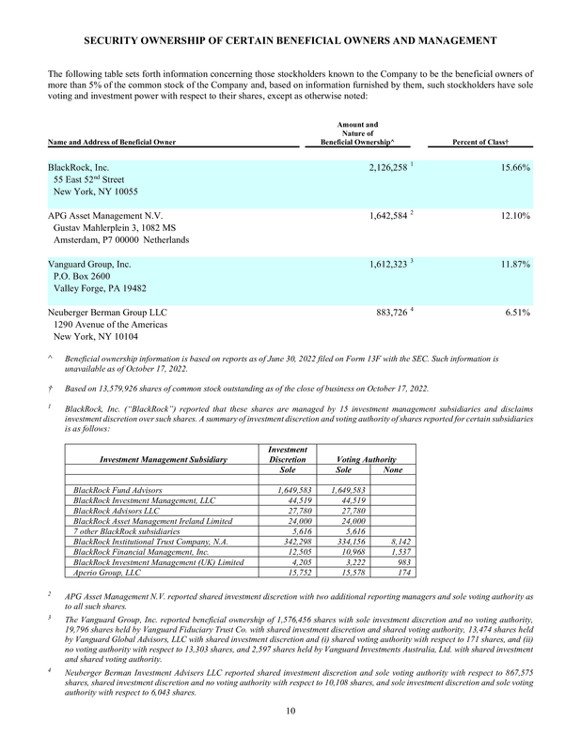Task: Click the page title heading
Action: [290, 40]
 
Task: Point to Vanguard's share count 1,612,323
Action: [377, 265]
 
